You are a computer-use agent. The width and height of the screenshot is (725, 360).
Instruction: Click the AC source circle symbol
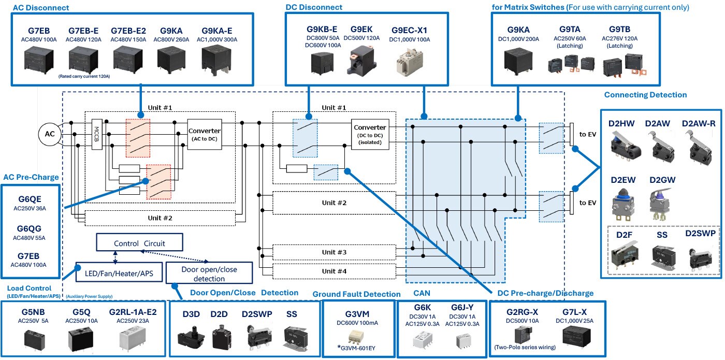(50, 134)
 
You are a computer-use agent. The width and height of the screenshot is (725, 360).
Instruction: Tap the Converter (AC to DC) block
(205, 134)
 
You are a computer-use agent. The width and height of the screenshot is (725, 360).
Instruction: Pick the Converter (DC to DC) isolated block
(370, 135)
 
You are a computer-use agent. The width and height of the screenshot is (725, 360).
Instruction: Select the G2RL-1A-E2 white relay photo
(132, 339)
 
